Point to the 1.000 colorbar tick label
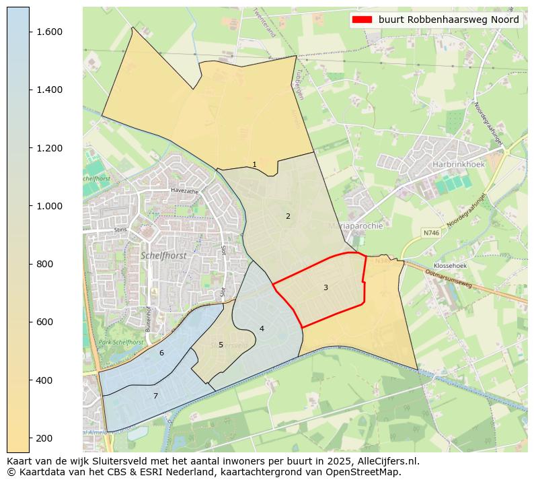49,206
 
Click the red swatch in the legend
362,20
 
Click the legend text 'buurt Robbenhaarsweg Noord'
449,20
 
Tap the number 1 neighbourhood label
254,164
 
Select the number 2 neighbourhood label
288,216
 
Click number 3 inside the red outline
326,287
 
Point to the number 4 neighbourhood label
262,329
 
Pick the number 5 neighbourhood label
221,345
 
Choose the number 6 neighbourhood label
161,353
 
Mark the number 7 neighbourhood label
155,396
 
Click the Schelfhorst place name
163,256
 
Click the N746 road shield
430,233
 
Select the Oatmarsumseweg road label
448,276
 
